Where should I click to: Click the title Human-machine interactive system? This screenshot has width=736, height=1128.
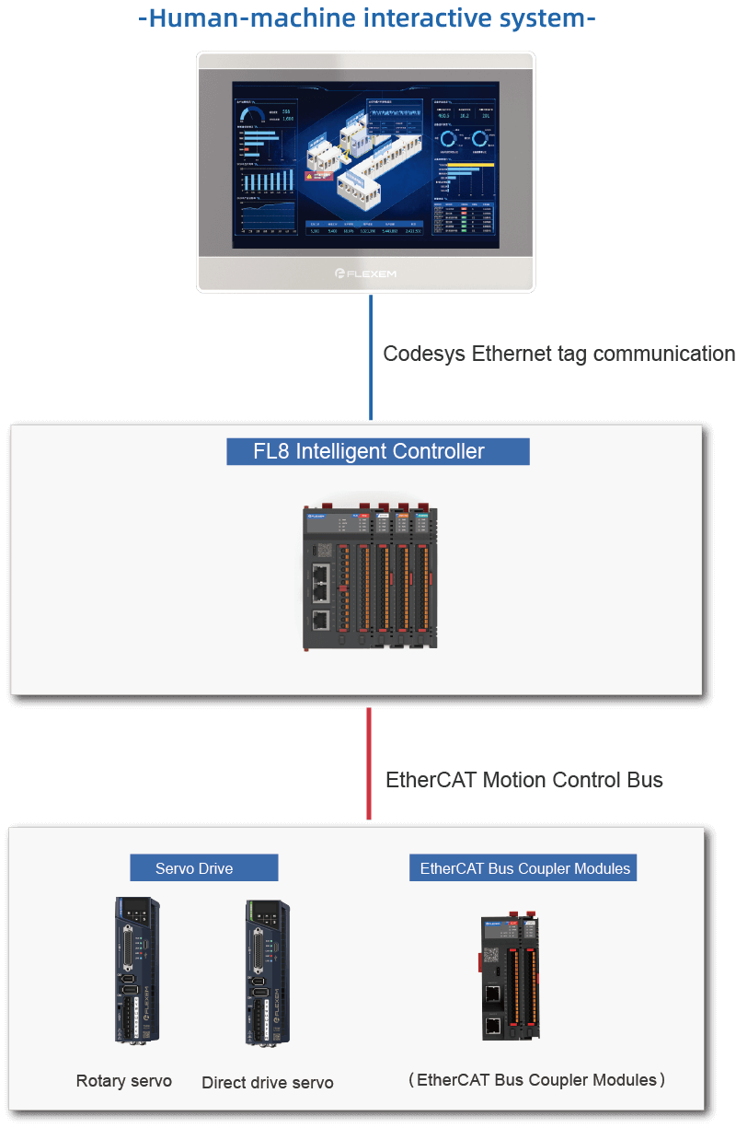[367, 18]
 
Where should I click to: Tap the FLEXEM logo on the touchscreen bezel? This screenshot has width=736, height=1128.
[365, 273]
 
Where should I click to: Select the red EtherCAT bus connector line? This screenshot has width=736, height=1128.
[369, 762]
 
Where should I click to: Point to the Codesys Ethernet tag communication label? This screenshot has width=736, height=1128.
[558, 354]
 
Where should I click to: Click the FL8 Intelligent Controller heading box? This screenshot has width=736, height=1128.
[377, 451]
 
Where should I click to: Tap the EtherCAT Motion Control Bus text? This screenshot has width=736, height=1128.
[523, 780]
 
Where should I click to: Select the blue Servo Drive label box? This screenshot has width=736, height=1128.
[203, 868]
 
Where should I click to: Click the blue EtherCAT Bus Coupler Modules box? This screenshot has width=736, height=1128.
[524, 868]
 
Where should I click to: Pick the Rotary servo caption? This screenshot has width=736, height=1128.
[123, 1081]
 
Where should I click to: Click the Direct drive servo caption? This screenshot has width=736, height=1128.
[267, 1083]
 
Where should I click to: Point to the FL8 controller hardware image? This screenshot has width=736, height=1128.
[371, 577]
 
